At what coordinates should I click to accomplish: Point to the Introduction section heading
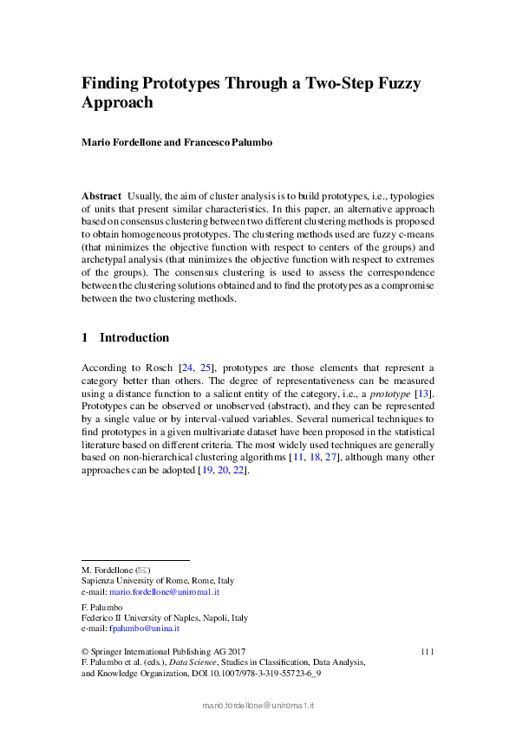pos(134,337)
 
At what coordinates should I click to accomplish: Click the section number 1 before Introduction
pos(85,337)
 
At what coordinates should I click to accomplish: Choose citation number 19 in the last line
pos(206,470)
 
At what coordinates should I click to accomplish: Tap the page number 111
pos(426,651)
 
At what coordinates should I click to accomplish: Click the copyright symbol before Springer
pos(85,651)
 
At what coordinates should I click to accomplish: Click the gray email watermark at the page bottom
pos(258,707)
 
